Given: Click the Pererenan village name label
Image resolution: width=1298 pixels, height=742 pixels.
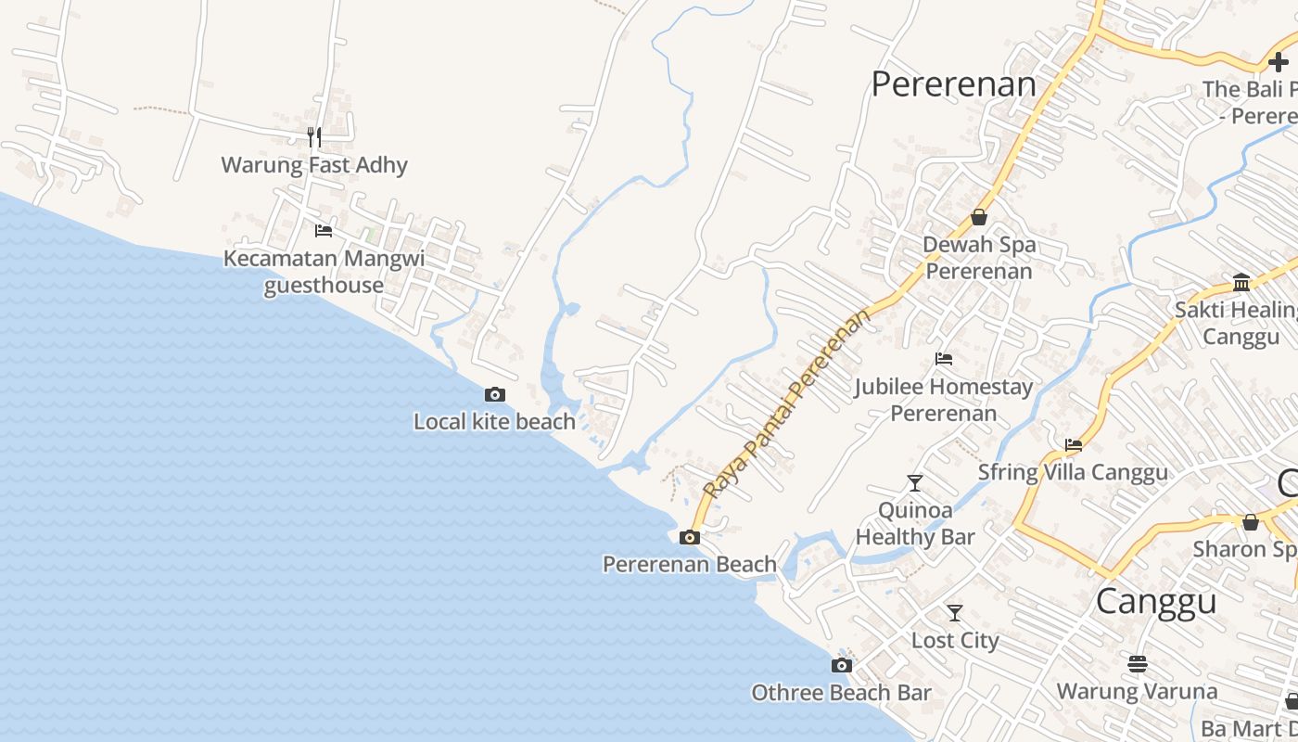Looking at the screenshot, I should (x=954, y=84).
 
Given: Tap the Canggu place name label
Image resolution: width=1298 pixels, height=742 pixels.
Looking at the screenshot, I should (x=1155, y=602).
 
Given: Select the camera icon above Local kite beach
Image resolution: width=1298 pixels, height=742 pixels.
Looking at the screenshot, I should (x=495, y=395).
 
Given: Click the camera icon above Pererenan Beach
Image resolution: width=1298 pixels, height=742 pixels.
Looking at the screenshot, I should (x=689, y=537).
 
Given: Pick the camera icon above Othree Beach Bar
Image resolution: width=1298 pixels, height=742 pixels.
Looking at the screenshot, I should (x=841, y=665).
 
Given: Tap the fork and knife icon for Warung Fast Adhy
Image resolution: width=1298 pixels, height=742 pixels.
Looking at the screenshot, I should (x=314, y=137).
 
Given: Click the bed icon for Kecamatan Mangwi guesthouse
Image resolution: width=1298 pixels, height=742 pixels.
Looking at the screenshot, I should (x=324, y=231).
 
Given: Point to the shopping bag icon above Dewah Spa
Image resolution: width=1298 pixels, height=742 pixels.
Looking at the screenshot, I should (x=979, y=217).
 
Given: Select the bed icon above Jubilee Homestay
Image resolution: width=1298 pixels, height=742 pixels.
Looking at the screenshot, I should (x=944, y=359).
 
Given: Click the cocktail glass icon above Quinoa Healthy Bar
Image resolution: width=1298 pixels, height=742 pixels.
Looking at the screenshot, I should (x=915, y=482).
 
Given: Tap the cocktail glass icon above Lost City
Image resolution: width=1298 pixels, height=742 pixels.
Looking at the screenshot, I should (x=954, y=613).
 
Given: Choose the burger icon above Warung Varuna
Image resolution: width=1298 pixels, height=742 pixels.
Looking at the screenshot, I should (x=1138, y=664).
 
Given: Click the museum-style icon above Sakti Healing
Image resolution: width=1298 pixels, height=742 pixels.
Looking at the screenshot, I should (x=1241, y=282).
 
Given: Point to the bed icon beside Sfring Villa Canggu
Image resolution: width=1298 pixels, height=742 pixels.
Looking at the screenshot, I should (x=1074, y=445).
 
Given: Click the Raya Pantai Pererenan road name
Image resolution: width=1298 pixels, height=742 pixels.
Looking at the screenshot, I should (x=787, y=403).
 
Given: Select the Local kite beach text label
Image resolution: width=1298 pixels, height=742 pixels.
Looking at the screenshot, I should (x=494, y=422).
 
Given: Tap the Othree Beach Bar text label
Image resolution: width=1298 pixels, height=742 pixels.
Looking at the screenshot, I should (x=841, y=693).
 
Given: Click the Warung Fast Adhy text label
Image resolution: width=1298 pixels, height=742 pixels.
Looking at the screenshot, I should (x=314, y=165).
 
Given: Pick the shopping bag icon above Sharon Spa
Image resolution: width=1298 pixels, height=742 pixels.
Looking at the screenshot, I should (x=1251, y=522).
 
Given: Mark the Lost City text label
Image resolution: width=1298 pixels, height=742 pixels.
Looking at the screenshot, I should (x=955, y=641).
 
